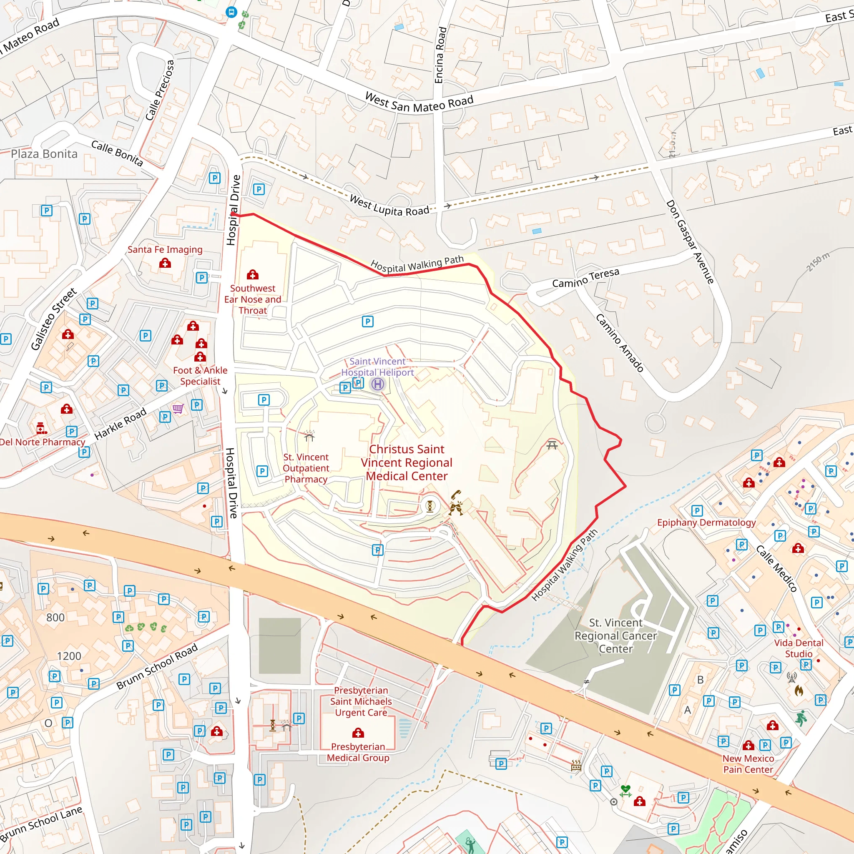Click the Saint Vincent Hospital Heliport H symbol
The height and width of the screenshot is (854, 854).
click(x=377, y=384)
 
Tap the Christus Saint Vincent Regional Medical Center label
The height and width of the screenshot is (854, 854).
click(x=406, y=462)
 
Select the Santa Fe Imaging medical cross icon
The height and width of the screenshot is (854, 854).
click(x=165, y=264)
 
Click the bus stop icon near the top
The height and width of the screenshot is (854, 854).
click(x=231, y=13)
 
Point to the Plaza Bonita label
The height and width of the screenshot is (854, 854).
click(x=44, y=154)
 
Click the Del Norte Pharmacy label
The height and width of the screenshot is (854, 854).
click(x=43, y=442)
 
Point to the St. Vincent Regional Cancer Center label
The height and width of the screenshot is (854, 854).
click(x=615, y=635)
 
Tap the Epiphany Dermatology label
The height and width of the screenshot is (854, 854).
click(x=706, y=522)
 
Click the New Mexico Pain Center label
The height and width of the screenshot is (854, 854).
click(x=748, y=764)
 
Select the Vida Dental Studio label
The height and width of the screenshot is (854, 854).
click(x=798, y=648)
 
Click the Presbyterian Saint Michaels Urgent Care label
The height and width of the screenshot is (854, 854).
click(x=361, y=701)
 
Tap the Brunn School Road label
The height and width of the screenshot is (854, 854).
click(x=156, y=667)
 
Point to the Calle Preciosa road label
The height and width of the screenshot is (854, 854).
click(x=160, y=90)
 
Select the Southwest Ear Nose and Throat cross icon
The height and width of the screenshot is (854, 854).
click(x=252, y=274)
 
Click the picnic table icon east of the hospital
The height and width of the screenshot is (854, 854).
click(x=552, y=445)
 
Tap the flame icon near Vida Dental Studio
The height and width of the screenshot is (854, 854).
click(x=799, y=691)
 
